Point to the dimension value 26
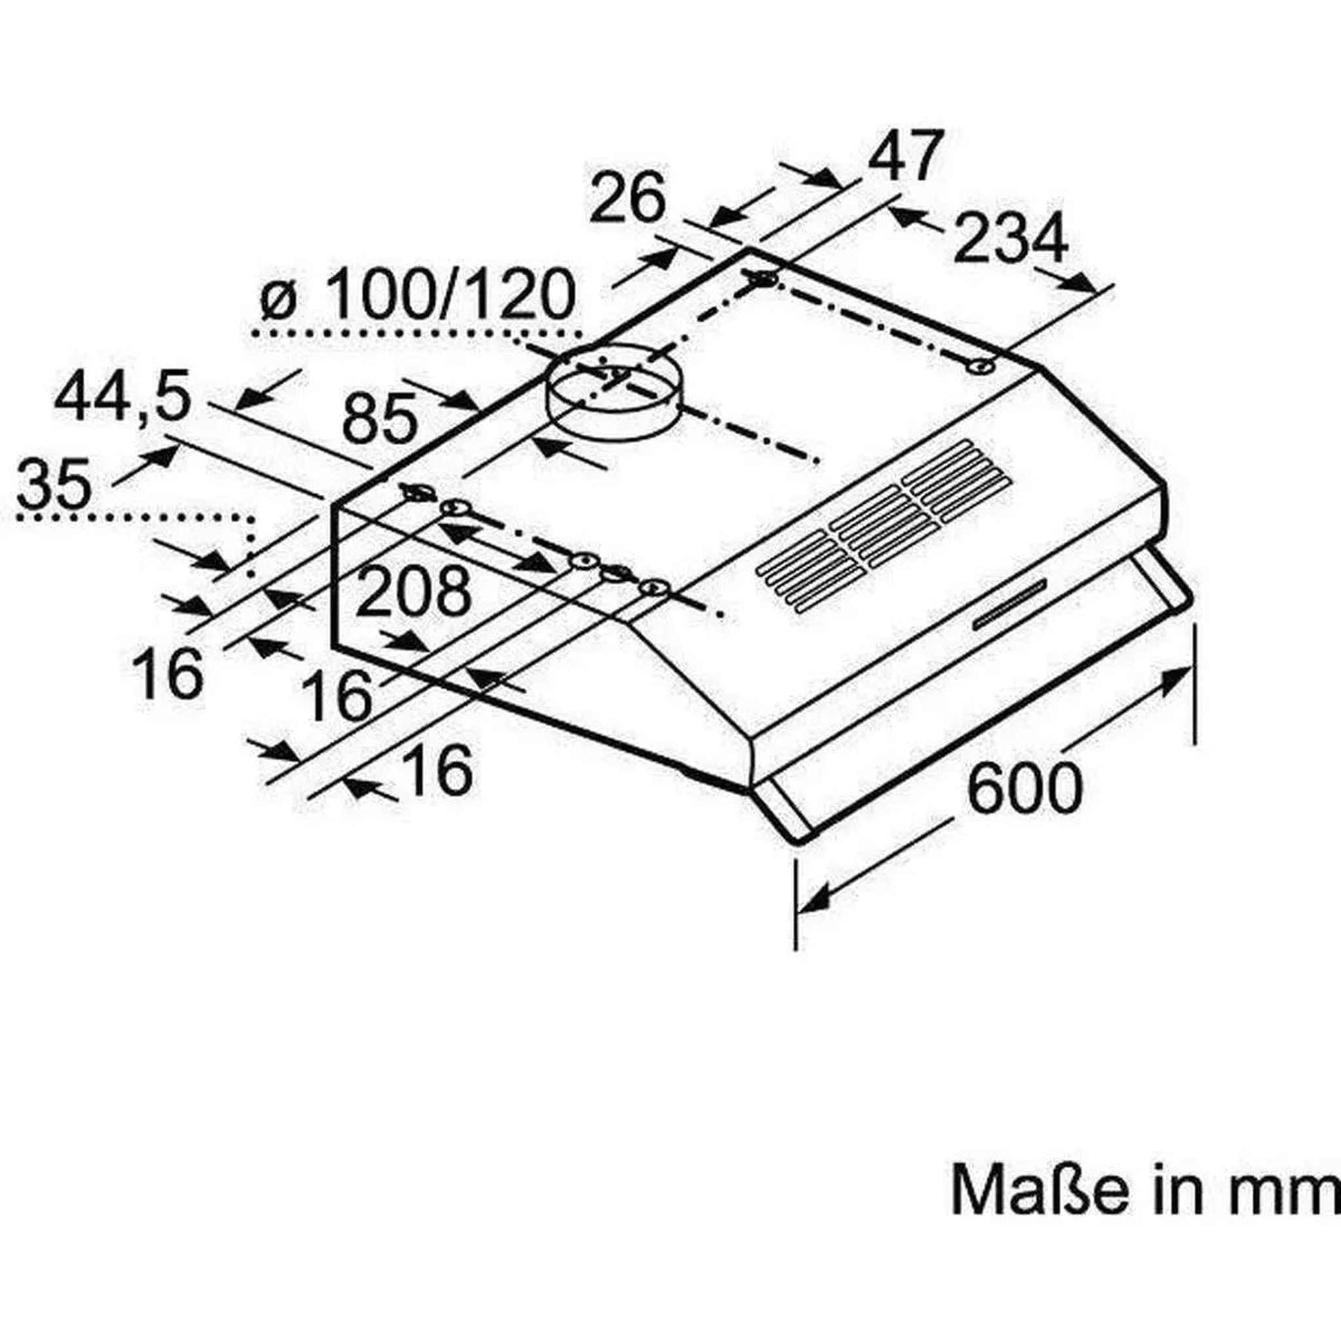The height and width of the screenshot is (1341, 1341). (x=627, y=199)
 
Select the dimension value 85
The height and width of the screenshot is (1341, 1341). (x=381, y=418)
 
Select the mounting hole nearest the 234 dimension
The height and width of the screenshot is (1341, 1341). (x=981, y=367)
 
